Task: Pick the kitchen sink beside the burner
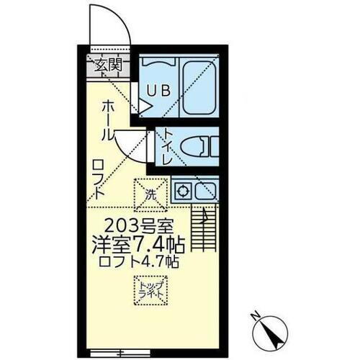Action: tap(206, 191)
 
